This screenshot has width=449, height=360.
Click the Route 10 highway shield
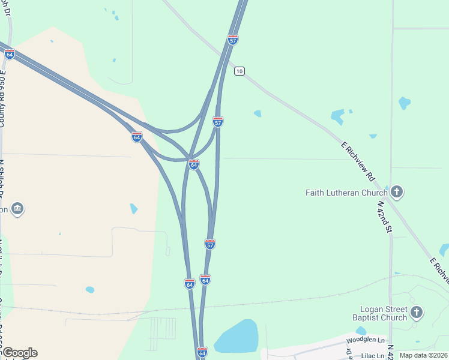point(240,71)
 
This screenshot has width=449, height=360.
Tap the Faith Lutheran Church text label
point(346,193)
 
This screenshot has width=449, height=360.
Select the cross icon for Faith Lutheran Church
point(396,192)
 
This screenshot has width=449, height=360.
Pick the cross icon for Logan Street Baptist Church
point(416,312)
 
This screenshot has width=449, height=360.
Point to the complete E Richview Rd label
point(358,162)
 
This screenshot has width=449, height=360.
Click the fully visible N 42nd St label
point(384,217)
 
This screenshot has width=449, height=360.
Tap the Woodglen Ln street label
point(366,340)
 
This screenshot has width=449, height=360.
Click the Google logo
point(19,353)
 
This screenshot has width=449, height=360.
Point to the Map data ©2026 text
point(423,355)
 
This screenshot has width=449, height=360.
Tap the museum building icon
point(17,208)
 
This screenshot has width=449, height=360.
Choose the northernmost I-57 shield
point(233,40)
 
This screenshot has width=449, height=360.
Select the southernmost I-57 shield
point(209,244)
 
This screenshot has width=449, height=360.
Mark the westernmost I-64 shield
point(10,54)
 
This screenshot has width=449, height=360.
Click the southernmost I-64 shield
point(202,352)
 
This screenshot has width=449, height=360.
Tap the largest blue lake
point(237,337)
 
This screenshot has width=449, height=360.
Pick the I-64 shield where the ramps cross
point(194,164)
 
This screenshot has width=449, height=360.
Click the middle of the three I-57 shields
point(218,122)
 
